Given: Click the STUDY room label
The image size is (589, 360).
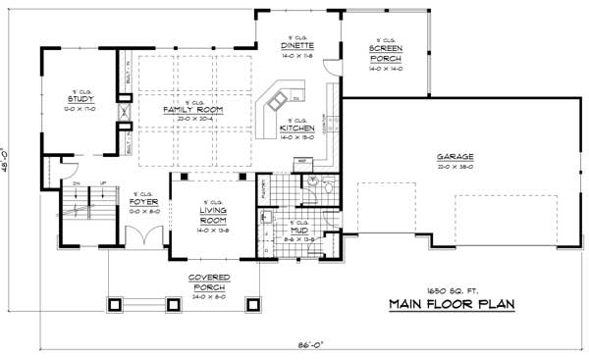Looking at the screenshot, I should tap(79, 100).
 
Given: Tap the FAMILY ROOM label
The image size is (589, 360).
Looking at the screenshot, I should tap(191, 110).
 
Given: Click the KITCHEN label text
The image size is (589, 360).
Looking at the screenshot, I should tap(295, 129).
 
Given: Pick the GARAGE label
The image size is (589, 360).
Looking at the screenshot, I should tap(455, 157).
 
